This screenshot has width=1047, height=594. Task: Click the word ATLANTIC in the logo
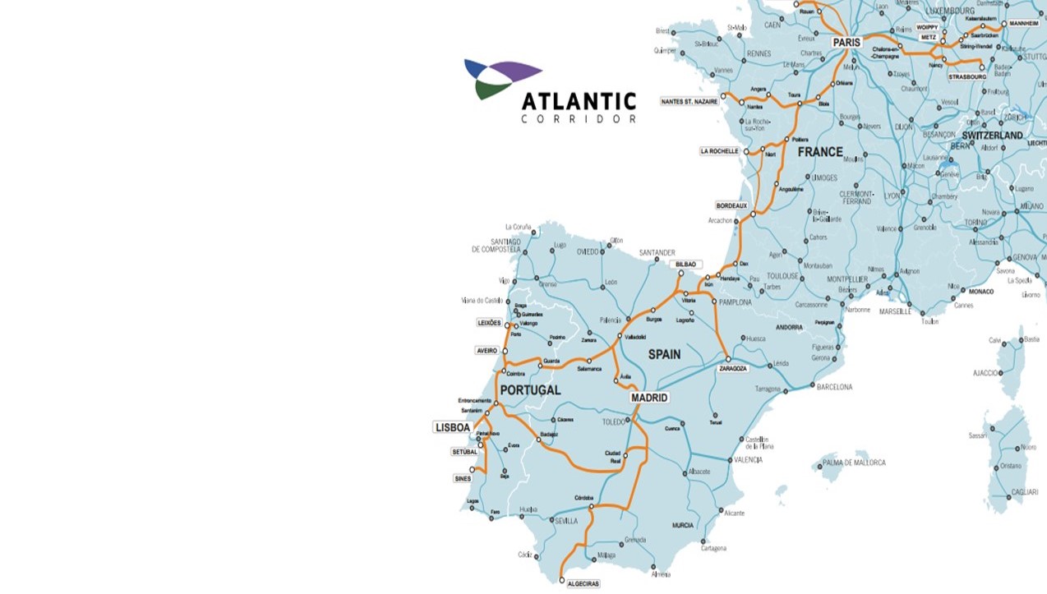point(579,102)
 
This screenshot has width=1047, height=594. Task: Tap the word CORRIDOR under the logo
point(579,120)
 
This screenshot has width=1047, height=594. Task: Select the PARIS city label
point(846,42)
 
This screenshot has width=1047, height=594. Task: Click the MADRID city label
point(649,398)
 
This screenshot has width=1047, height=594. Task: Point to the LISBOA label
point(453,427)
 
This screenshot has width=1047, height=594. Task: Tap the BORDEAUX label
point(731,205)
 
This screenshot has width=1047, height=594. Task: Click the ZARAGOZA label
point(733,369)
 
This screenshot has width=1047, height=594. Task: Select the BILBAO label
point(685,265)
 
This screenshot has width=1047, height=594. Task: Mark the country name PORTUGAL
point(530,390)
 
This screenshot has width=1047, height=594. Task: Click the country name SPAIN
point(664,354)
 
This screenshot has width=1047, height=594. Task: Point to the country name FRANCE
point(820,152)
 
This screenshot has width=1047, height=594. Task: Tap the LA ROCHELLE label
point(719,151)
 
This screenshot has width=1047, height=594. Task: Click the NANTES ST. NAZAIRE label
point(689,101)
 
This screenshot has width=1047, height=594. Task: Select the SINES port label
point(463,478)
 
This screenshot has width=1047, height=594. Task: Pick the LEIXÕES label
point(489,323)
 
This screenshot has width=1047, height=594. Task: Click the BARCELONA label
point(834,387)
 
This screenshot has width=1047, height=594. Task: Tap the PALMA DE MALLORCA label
point(854,463)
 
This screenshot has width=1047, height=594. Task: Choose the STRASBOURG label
point(966,76)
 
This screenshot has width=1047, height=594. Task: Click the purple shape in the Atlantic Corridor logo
point(510,71)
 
